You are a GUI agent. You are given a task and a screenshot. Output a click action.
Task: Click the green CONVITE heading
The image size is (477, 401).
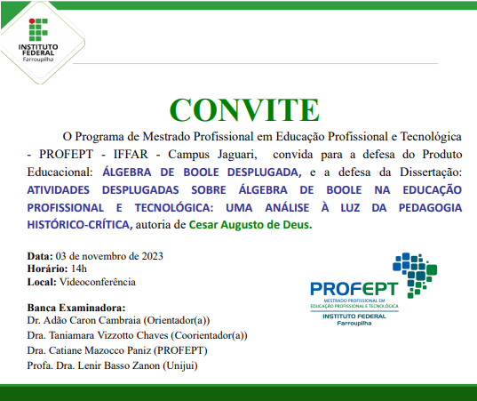pyautogui.click(x=244, y=109)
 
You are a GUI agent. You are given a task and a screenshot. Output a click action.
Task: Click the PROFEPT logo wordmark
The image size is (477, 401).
pyautogui.click(x=354, y=289)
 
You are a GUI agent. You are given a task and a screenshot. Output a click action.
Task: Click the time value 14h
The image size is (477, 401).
pyautogui.click(x=79, y=269)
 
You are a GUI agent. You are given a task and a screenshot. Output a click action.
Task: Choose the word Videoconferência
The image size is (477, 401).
pyautogui.click(x=98, y=282)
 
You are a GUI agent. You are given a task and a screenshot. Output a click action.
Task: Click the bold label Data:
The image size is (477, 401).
pyautogui.click(x=40, y=256)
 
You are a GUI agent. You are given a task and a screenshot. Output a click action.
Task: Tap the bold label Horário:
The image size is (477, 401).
pyautogui.click(x=48, y=269)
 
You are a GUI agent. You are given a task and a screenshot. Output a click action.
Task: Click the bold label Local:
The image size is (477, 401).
pyautogui.click(x=42, y=282)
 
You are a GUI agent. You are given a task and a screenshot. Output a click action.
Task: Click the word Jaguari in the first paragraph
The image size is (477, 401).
pyautogui.click(x=222, y=154)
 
